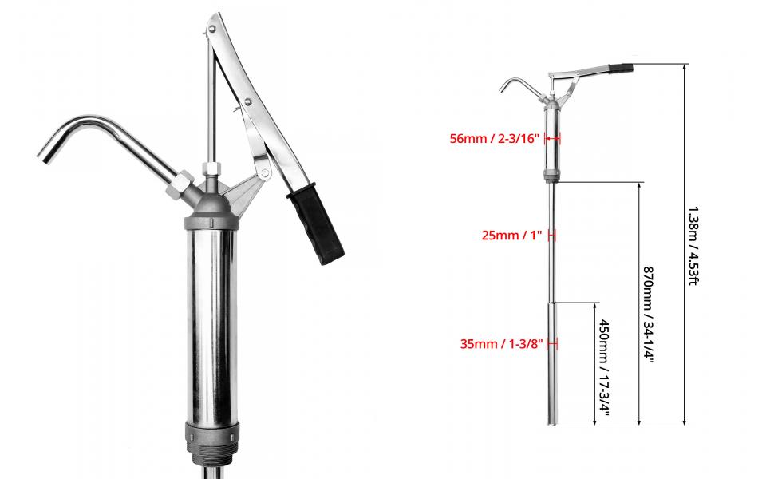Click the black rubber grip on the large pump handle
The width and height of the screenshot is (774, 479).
(x=316, y=224)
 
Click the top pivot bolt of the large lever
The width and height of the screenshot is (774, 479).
(x=211, y=30)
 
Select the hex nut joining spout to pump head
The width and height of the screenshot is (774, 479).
(x=180, y=186)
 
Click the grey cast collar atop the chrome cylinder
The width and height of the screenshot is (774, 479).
(x=211, y=220)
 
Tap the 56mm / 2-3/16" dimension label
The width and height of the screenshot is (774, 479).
(x=495, y=139)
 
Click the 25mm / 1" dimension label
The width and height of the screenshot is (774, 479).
(x=512, y=236)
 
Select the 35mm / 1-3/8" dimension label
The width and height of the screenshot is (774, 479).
(x=502, y=344)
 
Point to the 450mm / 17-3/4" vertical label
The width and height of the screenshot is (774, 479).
(x=604, y=367)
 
